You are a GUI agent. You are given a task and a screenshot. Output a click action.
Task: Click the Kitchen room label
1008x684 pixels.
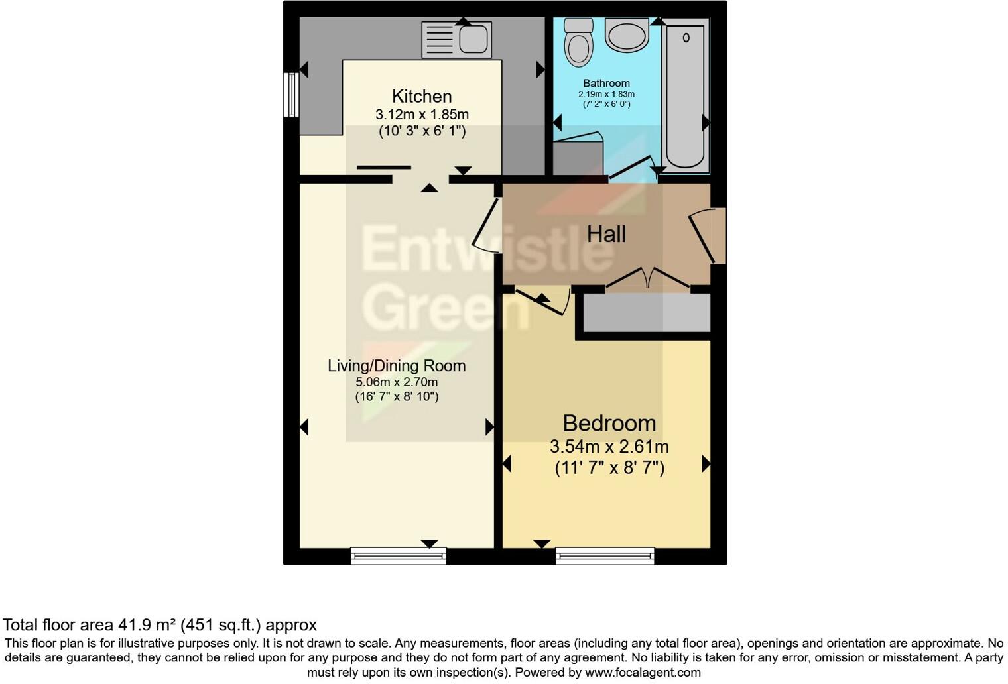tap(422, 97)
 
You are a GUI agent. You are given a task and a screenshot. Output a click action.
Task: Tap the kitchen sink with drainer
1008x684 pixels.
tap(457, 39)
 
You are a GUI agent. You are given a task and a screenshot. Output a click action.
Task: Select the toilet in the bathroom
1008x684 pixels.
tap(578, 42)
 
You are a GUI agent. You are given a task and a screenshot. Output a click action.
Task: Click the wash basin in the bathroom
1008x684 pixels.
tap(627, 35)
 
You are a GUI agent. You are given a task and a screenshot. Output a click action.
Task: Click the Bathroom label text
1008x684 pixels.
tap(606, 84)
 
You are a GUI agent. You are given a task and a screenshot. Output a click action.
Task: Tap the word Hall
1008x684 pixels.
tap(606, 234)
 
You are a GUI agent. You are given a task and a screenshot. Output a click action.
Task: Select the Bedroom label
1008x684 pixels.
tap(609, 423)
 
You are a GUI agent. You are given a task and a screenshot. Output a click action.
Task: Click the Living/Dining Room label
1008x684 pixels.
tap(397, 366)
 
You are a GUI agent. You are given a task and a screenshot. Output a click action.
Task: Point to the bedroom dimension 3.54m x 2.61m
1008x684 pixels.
tap(609, 447)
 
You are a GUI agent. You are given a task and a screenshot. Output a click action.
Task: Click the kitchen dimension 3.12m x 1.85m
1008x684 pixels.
tap(422, 114)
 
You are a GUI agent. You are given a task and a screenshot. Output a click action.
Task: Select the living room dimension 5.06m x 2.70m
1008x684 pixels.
tap(397, 382)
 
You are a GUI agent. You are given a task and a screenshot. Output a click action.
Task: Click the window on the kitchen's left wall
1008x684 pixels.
tap(290, 95)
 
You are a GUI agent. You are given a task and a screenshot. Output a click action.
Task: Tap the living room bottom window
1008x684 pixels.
tap(398, 556)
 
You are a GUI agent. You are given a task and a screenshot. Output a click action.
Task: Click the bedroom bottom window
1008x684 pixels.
tap(605, 556)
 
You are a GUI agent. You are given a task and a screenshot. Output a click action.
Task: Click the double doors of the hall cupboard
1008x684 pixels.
tap(648, 278)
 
